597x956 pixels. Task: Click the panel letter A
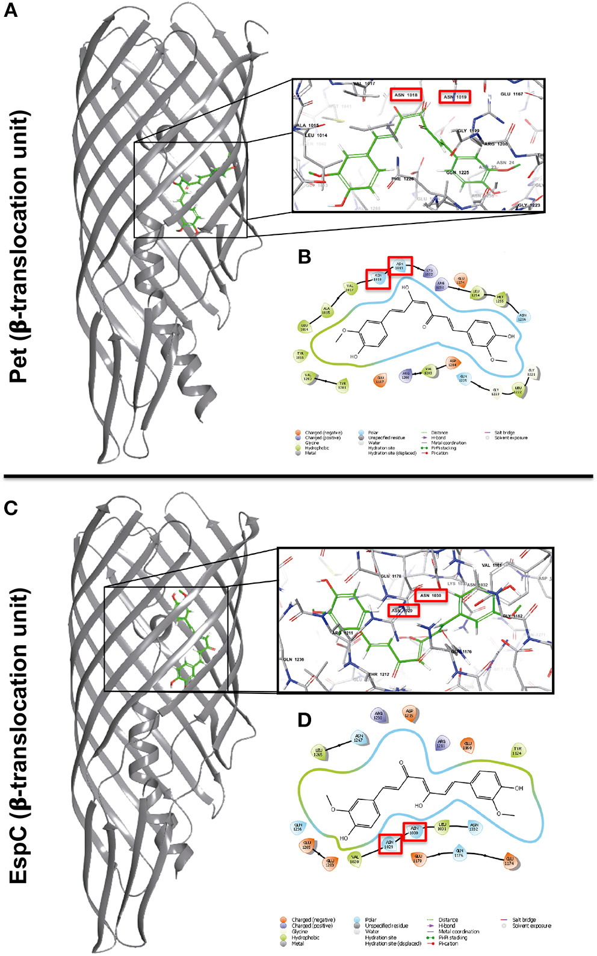[11, 11]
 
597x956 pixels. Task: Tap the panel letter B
[305, 257]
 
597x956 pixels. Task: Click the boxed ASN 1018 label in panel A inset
[406, 95]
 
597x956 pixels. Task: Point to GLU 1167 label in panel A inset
[512, 95]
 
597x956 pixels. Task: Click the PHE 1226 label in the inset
[403, 178]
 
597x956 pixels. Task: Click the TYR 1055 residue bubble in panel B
[300, 355]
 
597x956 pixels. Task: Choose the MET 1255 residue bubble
[500, 298]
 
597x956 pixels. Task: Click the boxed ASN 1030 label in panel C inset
[431, 596]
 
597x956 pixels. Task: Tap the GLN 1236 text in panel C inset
[294, 660]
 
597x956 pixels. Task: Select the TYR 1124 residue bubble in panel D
[517, 751]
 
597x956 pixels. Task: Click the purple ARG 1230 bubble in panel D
[379, 716]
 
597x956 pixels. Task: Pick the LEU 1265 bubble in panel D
[318, 752]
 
